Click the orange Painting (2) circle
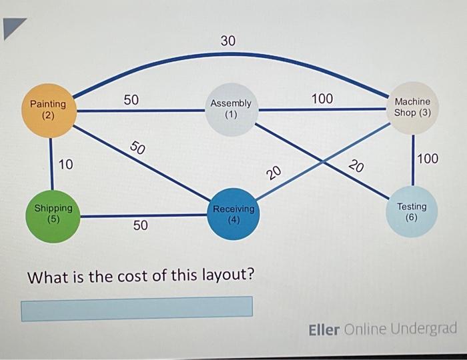(48, 109)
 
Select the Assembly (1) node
(231, 109)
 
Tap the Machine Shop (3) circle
(413, 107)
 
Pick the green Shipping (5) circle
(53, 213)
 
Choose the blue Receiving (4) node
(233, 213)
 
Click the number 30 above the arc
(228, 41)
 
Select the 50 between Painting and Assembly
(131, 100)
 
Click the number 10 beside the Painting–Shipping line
(66, 164)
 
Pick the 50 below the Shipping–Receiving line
(140, 226)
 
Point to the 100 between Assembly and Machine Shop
(322, 99)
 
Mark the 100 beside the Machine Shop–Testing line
(428, 159)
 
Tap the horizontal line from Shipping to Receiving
(143, 216)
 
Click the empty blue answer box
(137, 308)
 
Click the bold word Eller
(324, 330)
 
